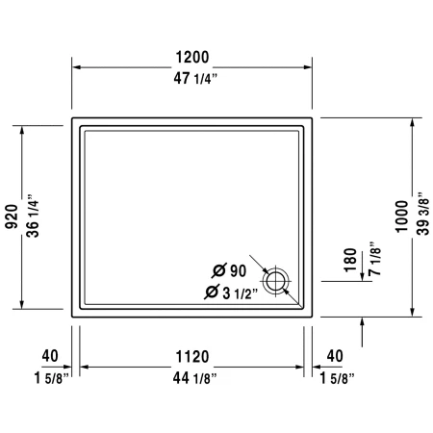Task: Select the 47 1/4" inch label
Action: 193,81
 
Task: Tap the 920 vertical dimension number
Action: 12,218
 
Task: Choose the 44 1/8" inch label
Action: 193,377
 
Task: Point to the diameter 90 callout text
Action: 229,270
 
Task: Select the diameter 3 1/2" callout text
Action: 229,293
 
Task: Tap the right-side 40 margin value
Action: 335,357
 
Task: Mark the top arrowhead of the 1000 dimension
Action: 413,122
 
